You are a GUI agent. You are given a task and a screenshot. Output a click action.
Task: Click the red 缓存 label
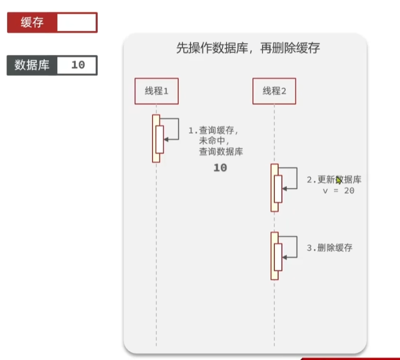coord(32,23)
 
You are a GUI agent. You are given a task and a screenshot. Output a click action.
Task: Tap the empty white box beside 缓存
coord(76,23)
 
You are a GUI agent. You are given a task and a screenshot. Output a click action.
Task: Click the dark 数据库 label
coord(32,65)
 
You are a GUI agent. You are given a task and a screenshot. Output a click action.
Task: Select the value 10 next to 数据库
coord(78,65)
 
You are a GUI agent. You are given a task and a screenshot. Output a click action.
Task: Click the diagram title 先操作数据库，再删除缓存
coord(248,48)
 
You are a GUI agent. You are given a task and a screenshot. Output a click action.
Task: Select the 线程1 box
coord(156,91)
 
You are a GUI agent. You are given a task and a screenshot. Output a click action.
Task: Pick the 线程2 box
coord(274,91)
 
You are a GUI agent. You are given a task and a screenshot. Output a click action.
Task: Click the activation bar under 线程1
coord(156,138)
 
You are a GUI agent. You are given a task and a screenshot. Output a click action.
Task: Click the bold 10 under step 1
coord(220,168)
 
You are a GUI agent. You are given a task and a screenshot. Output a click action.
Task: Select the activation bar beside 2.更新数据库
coord(274,188)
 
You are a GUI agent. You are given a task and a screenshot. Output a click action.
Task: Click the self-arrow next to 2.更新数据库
coord(290,178)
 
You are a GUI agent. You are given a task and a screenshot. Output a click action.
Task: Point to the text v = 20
coord(338,190)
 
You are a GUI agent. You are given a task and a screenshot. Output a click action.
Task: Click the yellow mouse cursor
coord(339,180)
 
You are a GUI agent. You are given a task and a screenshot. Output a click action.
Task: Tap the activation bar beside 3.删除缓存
coord(274,256)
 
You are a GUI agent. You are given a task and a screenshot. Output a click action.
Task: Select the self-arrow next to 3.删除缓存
coord(290,247)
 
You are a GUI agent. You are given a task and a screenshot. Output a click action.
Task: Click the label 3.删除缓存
coord(330,248)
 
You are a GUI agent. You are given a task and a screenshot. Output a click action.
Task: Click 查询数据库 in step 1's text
coord(221,152)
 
